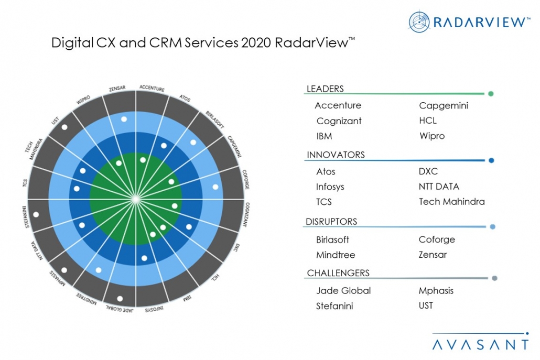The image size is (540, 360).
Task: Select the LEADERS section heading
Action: [325, 89]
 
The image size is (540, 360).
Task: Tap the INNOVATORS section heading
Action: [336, 155]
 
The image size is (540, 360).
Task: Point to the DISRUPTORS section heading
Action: [332, 222]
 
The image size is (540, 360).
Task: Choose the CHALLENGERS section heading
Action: [338, 273]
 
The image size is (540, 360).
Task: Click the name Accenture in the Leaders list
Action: [338, 105]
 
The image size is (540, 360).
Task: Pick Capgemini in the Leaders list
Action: [444, 106]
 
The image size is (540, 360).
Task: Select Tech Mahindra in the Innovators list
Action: [451, 202]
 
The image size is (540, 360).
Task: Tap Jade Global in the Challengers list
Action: [343, 290]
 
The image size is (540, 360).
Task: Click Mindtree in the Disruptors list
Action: [336, 255]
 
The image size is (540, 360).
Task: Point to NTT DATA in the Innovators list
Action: [439, 187]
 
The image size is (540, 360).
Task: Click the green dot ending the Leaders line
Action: [491, 94]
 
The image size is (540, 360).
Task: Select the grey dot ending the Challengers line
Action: [494, 279]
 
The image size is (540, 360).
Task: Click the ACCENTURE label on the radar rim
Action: [152, 88]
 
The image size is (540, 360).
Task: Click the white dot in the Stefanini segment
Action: [36, 214]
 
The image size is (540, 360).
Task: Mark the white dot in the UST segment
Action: [64, 127]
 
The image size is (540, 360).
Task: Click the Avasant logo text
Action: [480, 344]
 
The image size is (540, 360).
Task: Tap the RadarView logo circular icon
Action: [419, 21]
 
